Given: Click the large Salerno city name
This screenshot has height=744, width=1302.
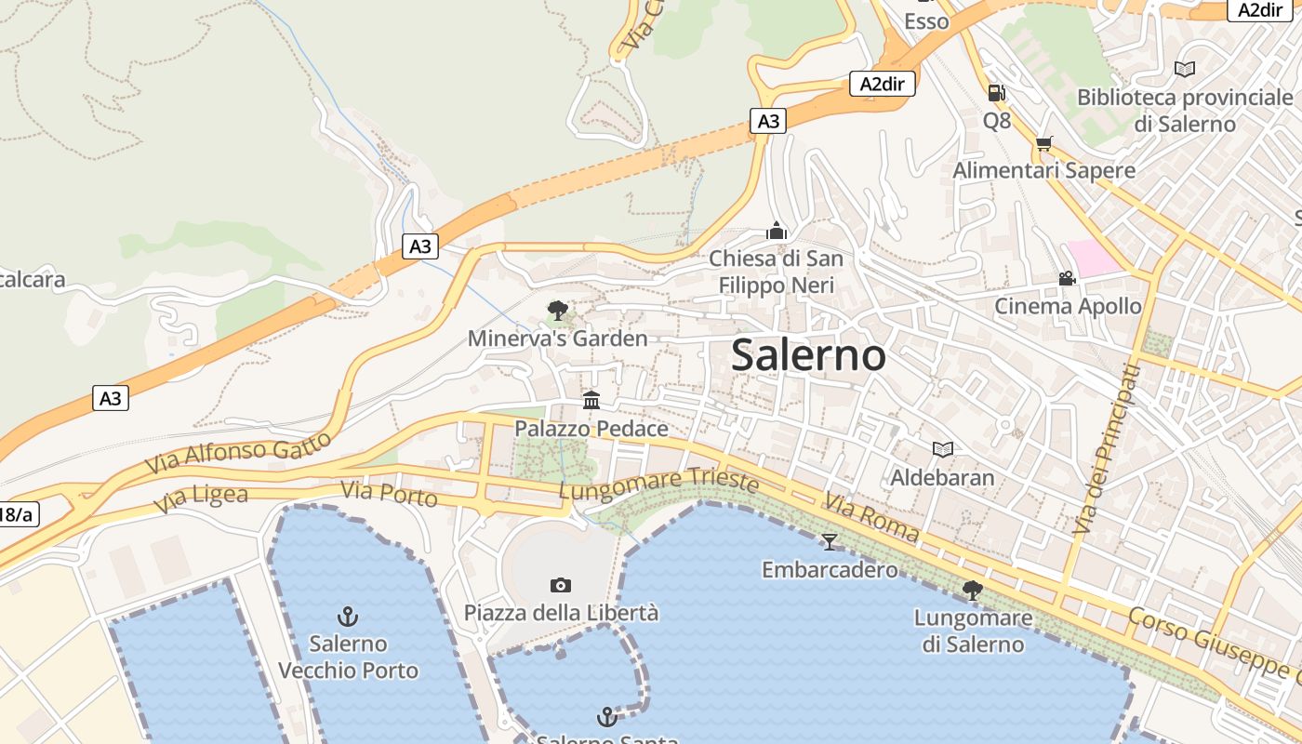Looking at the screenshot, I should pos(808,355).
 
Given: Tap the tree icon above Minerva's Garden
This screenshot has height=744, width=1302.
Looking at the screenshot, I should pos(558,310).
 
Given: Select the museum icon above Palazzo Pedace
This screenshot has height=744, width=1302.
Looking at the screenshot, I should pos(591,401).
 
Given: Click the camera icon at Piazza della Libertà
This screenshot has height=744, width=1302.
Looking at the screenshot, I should pos(560,585).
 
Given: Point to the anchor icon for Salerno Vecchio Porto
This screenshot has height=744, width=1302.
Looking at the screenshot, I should pos(348,616).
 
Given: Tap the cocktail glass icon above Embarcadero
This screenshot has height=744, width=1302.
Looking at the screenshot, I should pos(830,541).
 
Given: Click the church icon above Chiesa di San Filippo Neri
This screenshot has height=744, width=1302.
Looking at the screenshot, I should pos(777,230).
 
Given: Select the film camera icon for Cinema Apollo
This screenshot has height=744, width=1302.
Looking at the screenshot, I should pos(1067,278).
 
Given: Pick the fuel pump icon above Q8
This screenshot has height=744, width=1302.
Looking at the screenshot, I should pos(996,92).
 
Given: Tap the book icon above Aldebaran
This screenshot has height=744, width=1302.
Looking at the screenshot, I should pos(943,449).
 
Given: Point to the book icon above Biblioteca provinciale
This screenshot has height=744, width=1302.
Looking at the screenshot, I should pos(1185,69).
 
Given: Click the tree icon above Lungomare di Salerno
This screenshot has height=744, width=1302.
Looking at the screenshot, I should pos(972,590).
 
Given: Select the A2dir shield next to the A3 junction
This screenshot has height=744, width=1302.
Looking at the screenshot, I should pos(883,85).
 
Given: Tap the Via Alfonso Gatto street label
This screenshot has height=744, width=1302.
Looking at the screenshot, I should pos(239,452).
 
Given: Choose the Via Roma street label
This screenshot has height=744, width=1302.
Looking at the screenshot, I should pos(870,519).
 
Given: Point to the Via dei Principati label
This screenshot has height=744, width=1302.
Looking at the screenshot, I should pos(1105,449).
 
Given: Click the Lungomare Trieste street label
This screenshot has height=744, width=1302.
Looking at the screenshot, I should pos(658,483).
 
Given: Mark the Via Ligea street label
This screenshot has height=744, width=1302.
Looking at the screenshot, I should pos(201,498).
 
